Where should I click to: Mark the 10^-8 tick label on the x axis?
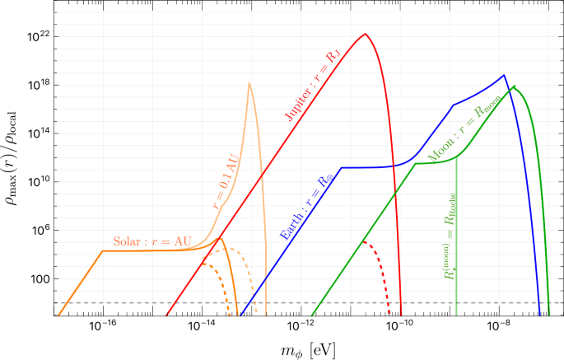[500, 326]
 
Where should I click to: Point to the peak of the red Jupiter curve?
[365, 35]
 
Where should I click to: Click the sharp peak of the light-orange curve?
[249, 83]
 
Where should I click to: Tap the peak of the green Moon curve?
[515, 86]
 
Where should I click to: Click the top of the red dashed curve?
[363, 242]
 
